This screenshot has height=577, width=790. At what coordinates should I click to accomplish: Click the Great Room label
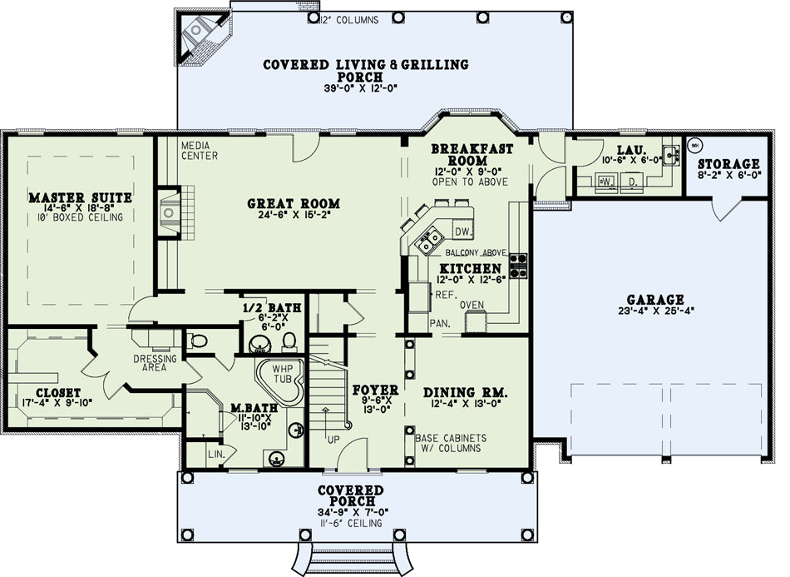coord(294,204)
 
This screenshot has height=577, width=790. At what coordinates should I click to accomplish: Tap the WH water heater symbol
coord(694,146)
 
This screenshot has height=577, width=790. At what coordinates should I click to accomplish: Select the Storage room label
coord(728,164)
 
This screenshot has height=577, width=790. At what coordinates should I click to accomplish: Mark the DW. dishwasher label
coord(463,231)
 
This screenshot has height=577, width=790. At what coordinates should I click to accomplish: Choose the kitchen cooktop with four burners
coord(518,266)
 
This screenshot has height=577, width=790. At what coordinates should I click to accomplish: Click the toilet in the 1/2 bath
coord(289,341)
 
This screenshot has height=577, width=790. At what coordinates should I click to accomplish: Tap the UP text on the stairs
coord(333,440)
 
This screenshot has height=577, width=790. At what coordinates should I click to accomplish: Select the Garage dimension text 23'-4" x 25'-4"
coord(656,311)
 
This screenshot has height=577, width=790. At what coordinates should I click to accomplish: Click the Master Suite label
coord(80,197)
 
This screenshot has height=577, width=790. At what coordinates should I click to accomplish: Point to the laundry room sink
coord(671,154)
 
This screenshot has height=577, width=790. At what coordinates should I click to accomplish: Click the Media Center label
coord(200,151)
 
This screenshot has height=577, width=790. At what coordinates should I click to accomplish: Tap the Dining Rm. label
coord(465,392)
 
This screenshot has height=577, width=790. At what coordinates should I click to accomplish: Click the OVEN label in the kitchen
coord(472,305)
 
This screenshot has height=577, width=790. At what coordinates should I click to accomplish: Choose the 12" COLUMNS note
coord(349,20)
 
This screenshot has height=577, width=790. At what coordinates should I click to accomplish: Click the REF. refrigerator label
coord(446,295)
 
